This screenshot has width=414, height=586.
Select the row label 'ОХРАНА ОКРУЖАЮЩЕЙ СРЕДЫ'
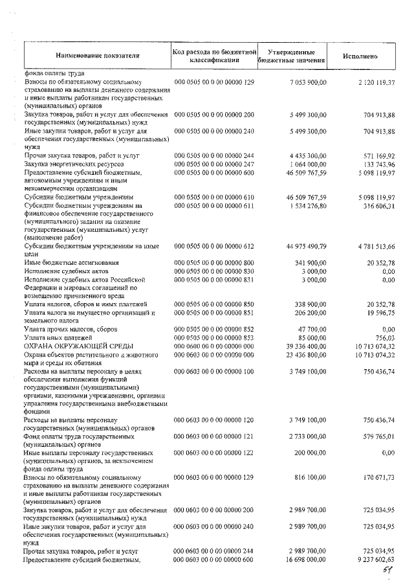tap(70, 346)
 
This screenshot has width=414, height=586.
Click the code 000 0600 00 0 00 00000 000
tap(215, 346)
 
